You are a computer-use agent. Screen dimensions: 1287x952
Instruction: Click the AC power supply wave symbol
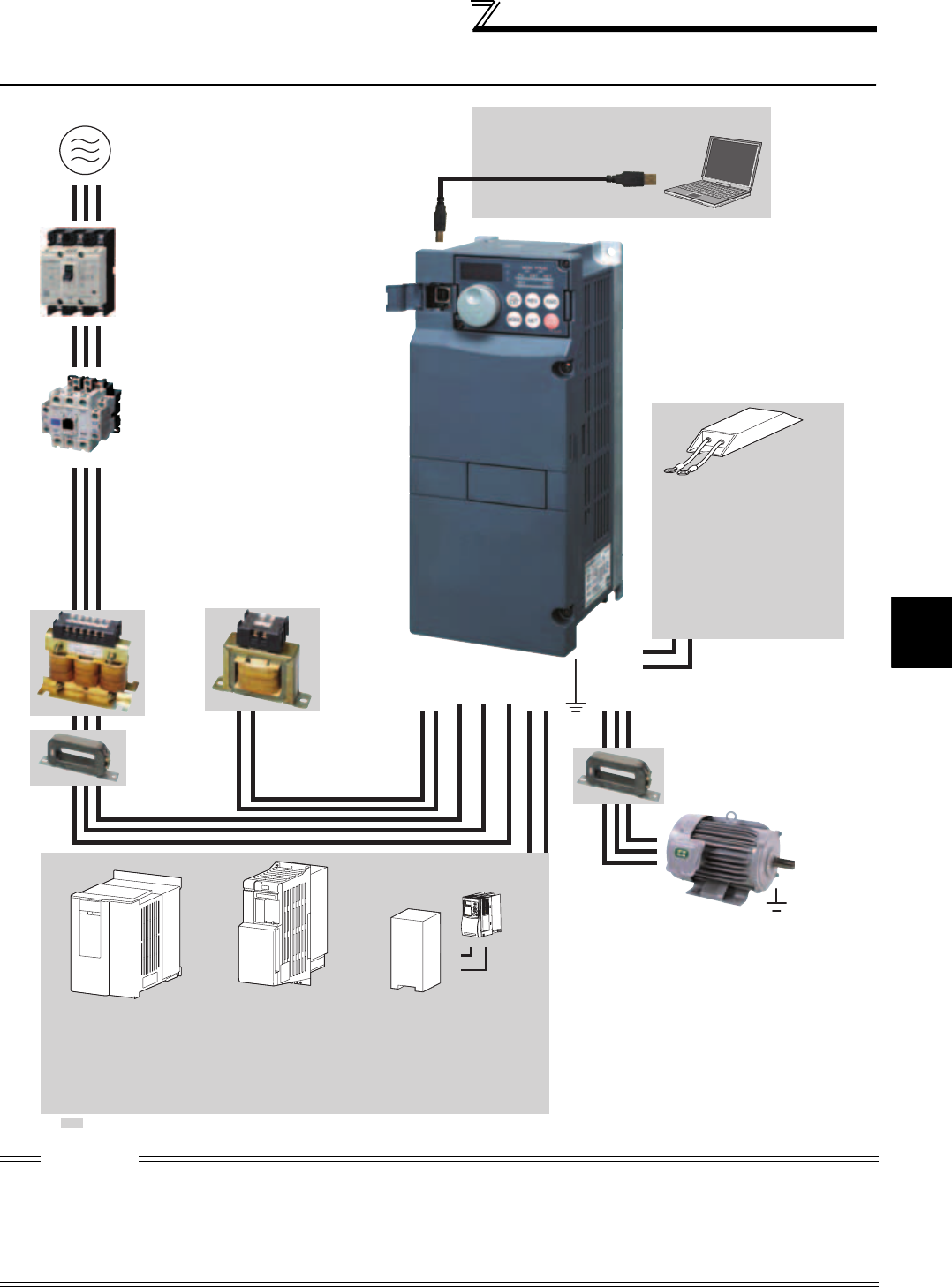[x=85, y=150]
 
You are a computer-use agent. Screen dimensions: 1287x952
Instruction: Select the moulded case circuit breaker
[x=79, y=272]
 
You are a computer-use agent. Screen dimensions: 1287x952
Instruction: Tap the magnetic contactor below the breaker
[x=80, y=414]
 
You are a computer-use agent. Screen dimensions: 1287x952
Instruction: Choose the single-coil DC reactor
[x=261, y=659]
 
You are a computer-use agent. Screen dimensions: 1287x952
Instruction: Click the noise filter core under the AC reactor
[x=78, y=757]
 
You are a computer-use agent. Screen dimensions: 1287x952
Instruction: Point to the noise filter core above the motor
[x=618, y=775]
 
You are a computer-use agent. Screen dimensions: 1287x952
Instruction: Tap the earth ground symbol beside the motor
[x=776, y=901]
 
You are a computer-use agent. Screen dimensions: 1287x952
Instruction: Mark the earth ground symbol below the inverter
[x=576, y=704]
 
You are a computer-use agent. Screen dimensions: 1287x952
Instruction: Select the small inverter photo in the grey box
[x=480, y=914]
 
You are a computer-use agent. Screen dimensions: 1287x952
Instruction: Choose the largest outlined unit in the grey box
[x=125, y=934]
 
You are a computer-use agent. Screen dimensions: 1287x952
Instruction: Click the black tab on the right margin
[x=921, y=632]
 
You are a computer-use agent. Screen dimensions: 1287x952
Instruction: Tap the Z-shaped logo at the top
[x=486, y=15]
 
